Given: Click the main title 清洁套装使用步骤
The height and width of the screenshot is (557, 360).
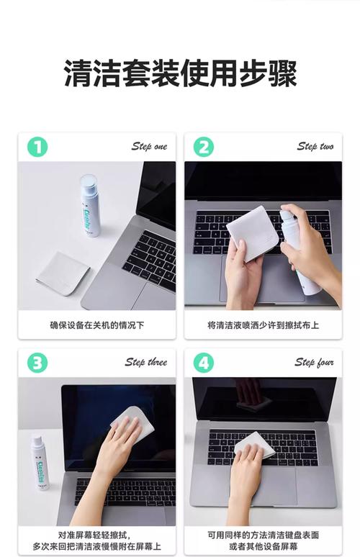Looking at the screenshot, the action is (x=180, y=73).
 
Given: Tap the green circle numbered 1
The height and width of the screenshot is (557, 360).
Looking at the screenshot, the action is (x=37, y=147).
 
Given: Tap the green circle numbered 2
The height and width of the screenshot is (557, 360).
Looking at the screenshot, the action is (x=203, y=147).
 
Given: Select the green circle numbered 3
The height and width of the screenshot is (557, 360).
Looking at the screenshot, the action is (x=37, y=363).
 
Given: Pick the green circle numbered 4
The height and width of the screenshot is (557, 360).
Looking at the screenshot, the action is (x=203, y=363).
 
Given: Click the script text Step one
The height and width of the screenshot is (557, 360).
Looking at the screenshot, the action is (x=149, y=146).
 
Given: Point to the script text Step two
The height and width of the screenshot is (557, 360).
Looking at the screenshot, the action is (x=315, y=146).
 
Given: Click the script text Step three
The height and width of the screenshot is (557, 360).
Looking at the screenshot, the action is (x=145, y=362).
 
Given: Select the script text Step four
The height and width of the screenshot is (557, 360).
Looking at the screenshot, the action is (x=314, y=362).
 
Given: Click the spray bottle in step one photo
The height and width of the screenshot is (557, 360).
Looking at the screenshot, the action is (x=89, y=205).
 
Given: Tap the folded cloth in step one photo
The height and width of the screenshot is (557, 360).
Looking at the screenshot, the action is (x=63, y=273).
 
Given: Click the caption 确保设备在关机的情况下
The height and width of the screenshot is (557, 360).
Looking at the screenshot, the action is (x=97, y=325).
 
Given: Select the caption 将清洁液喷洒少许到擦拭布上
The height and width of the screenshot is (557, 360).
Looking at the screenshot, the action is (x=263, y=325).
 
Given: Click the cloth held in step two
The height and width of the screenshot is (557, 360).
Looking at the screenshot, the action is (x=252, y=232).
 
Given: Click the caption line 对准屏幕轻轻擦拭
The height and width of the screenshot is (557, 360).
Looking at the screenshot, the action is (x=94, y=535).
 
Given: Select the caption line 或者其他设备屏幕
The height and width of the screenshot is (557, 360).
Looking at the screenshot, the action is (x=263, y=546).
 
